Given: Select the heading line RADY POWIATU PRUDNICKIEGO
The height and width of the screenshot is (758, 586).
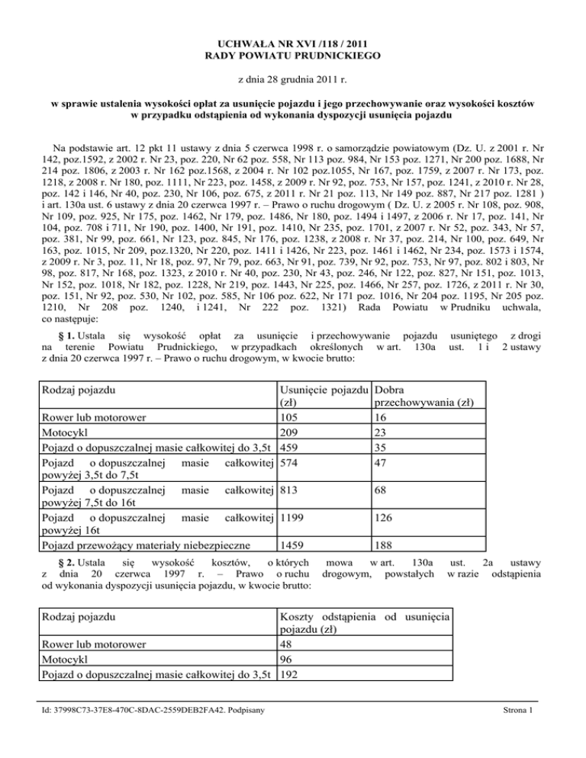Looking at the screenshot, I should [292, 56].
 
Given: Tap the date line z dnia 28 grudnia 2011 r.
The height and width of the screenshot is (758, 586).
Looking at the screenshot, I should [292, 79].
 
